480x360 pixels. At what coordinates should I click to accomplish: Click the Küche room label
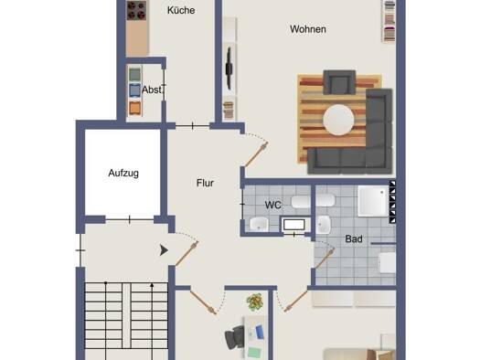point(181,10)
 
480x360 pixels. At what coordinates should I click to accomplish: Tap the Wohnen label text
point(307,29)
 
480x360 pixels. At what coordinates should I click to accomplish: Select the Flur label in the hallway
point(205,183)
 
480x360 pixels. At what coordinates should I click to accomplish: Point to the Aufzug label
point(123,173)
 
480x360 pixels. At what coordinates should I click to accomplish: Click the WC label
point(273,205)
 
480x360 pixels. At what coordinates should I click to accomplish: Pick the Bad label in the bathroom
point(354,238)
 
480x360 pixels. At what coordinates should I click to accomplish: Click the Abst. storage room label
point(152,90)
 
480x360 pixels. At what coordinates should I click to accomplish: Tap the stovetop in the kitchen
point(137,10)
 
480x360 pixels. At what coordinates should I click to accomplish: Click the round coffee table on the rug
point(338,120)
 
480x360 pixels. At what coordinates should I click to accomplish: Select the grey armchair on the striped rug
point(339,82)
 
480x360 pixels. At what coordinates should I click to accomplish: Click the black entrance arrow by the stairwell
point(164,250)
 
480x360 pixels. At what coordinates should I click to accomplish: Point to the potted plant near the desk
point(255,302)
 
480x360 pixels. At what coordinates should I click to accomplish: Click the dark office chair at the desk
point(234,337)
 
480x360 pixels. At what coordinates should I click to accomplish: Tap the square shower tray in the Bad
point(373,201)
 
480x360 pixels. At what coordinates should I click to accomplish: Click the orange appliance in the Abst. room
point(134,109)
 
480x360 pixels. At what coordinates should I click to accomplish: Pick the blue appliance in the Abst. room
point(134,90)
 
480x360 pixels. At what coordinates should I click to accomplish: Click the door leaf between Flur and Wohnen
point(257,154)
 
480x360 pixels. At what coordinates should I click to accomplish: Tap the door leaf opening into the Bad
point(325,259)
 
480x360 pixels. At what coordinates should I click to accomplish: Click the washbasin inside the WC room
point(259,224)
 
